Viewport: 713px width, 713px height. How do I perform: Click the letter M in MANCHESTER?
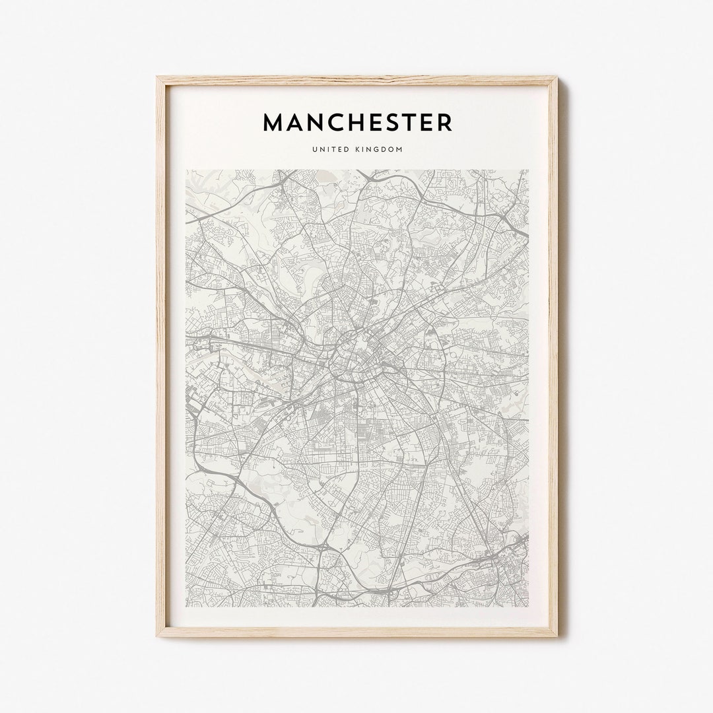(x=274, y=122)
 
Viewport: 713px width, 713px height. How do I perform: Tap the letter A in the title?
(x=297, y=122)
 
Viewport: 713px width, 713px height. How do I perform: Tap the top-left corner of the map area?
(x=186, y=170)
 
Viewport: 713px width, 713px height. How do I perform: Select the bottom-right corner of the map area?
(x=528, y=606)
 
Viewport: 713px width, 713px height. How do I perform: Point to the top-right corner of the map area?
(x=528, y=170)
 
